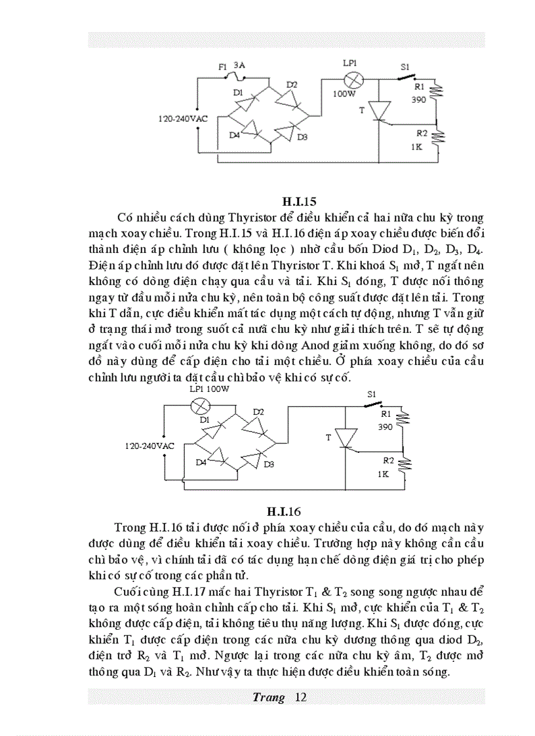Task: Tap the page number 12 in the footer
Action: [301, 697]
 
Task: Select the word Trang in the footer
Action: [268, 697]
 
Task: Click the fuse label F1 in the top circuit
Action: [222, 68]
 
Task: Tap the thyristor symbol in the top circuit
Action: [379, 111]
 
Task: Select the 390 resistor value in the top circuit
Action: [419, 100]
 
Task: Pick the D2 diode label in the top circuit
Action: [292, 85]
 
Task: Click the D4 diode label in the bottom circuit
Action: [202, 462]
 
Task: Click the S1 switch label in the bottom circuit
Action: [372, 394]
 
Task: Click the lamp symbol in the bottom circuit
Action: [199, 406]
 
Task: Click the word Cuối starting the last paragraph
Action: [128, 588]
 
